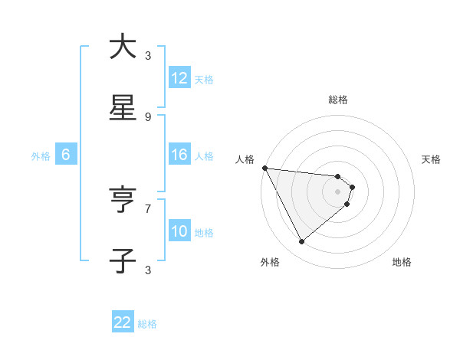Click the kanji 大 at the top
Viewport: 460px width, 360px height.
click(x=123, y=47)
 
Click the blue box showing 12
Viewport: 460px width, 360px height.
click(x=179, y=77)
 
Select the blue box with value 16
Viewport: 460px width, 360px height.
click(x=179, y=155)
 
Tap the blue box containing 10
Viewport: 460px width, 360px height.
click(x=179, y=231)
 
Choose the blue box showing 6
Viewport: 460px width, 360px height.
click(x=65, y=155)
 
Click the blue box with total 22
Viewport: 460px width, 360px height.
click(x=123, y=322)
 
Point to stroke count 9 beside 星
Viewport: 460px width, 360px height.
click(x=148, y=117)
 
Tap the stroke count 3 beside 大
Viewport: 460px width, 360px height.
click(x=148, y=56)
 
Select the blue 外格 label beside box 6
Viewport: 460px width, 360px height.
click(x=41, y=155)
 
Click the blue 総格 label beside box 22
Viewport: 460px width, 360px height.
click(x=147, y=324)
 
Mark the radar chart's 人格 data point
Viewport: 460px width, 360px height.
click(x=264, y=168)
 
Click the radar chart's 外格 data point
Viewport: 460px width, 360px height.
click(x=301, y=242)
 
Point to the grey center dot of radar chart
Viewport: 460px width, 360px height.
click(x=338, y=191)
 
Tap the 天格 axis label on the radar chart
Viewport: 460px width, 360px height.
click(x=432, y=159)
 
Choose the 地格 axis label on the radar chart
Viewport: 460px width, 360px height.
click(x=402, y=262)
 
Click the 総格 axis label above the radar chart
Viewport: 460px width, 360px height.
click(x=338, y=100)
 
